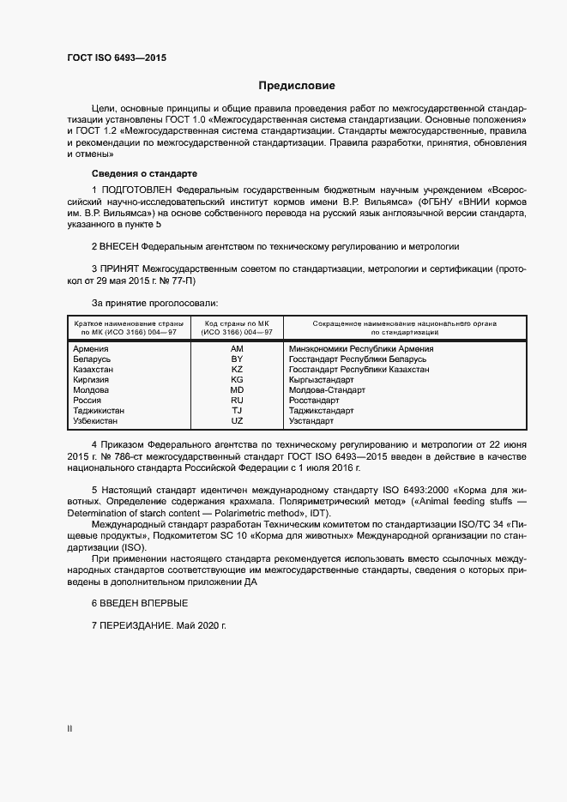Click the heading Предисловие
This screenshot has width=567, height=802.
297,86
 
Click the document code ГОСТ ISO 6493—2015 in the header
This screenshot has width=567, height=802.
116,58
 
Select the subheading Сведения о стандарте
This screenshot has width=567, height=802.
132,173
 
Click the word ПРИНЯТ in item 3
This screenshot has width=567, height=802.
120,269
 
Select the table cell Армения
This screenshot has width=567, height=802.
91,349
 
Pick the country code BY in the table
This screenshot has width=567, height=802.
238,359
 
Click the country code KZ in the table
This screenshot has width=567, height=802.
238,370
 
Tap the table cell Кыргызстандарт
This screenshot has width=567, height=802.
322,380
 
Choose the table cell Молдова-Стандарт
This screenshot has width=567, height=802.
327,390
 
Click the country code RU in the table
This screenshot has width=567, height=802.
238,401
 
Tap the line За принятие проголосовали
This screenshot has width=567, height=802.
154,303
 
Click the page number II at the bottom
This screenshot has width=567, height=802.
69,728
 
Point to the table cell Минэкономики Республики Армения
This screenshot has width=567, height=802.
361,349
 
